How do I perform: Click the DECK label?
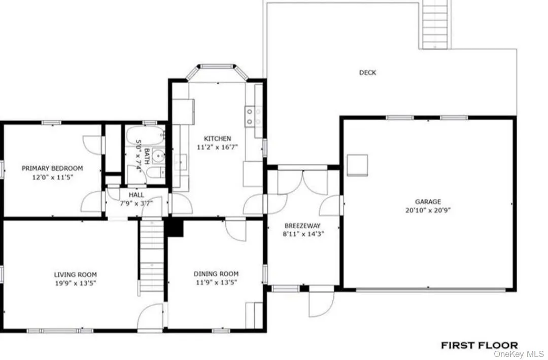(367, 73)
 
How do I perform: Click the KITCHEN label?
(217, 138)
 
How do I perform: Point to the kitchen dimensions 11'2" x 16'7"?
(217, 147)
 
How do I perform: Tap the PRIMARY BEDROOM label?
(52, 168)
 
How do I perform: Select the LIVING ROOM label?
(75, 275)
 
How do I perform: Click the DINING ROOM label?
(216, 274)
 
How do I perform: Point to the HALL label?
(136, 194)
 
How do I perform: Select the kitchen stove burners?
(253, 117)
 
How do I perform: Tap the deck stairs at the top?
(435, 24)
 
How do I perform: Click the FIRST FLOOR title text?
(479, 345)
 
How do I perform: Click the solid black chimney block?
(175, 228)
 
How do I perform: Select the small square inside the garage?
(357, 164)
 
